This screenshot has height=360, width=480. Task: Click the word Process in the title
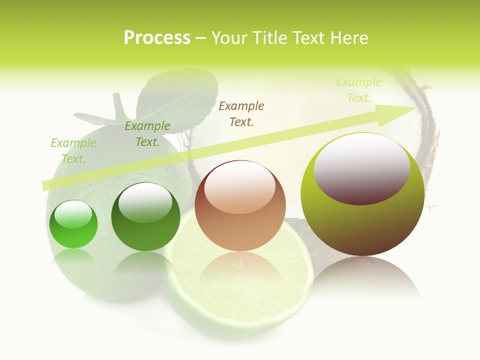tap(157, 38)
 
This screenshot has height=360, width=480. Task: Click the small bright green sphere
tap(73, 225)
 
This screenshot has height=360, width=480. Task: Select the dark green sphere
tap(145, 217)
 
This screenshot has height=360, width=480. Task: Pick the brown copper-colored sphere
tap(240, 206)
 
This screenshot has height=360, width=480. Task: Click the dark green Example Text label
tap(147, 134)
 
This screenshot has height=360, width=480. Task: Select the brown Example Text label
tap(241, 113)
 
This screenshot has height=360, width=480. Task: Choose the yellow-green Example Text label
tap(358, 90)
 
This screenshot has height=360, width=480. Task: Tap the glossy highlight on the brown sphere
tap(240, 186)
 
